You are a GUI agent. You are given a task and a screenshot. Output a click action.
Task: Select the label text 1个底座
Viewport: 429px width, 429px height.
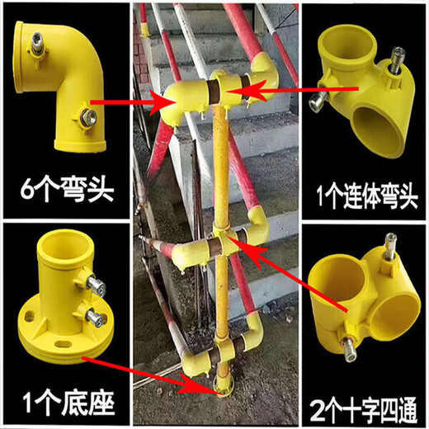(x=65, y=405)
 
